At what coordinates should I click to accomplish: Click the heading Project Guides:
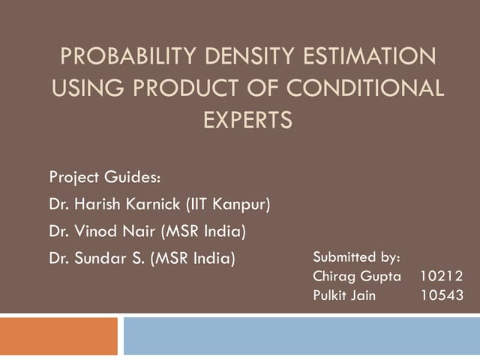pos(104,178)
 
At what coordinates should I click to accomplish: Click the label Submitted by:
pos(356,257)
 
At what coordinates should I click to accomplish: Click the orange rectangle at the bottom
pos(58,335)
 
